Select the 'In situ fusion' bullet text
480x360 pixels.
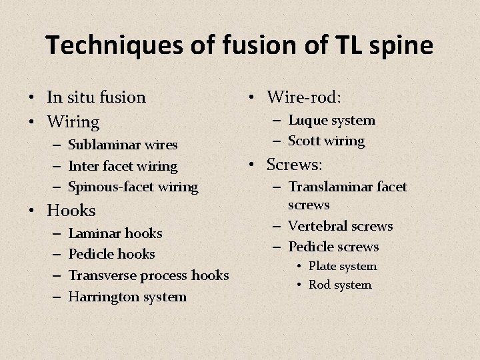click(96, 97)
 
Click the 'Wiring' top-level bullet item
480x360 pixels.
click(73, 122)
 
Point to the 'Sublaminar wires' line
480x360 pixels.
click(123, 145)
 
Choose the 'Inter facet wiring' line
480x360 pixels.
click(123, 166)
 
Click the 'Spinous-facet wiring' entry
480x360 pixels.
click(133, 187)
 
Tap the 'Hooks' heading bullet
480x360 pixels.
click(71, 211)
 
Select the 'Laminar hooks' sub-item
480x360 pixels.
click(115, 233)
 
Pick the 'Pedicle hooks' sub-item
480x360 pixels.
click(111, 254)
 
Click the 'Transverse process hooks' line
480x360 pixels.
click(149, 275)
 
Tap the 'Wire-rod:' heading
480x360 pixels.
click(304, 97)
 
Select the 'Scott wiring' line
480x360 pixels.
click(326, 141)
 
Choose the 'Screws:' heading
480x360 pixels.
click(294, 164)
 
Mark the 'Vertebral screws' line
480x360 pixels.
click(340, 226)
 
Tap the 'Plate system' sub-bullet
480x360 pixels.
click(342, 266)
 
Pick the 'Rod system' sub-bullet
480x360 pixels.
click(339, 285)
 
